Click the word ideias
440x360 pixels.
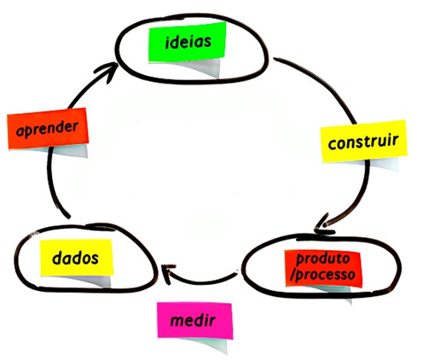(x=188, y=43)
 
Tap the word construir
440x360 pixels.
(x=363, y=142)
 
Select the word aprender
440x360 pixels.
(x=47, y=129)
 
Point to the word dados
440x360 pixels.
(x=75, y=258)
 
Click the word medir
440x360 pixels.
(x=193, y=321)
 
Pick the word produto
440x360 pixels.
(x=323, y=259)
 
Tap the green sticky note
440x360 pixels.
(x=187, y=42)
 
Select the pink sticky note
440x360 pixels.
(x=195, y=321)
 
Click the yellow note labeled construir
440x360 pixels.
(x=363, y=141)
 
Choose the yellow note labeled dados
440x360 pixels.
(x=76, y=258)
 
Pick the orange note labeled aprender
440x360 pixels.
(x=48, y=128)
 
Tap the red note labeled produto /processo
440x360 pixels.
(x=323, y=269)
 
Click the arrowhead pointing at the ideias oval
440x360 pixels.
(x=108, y=71)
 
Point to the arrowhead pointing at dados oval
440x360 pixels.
(x=167, y=274)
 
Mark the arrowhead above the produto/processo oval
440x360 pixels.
(x=323, y=224)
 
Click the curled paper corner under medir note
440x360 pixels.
(x=211, y=345)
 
